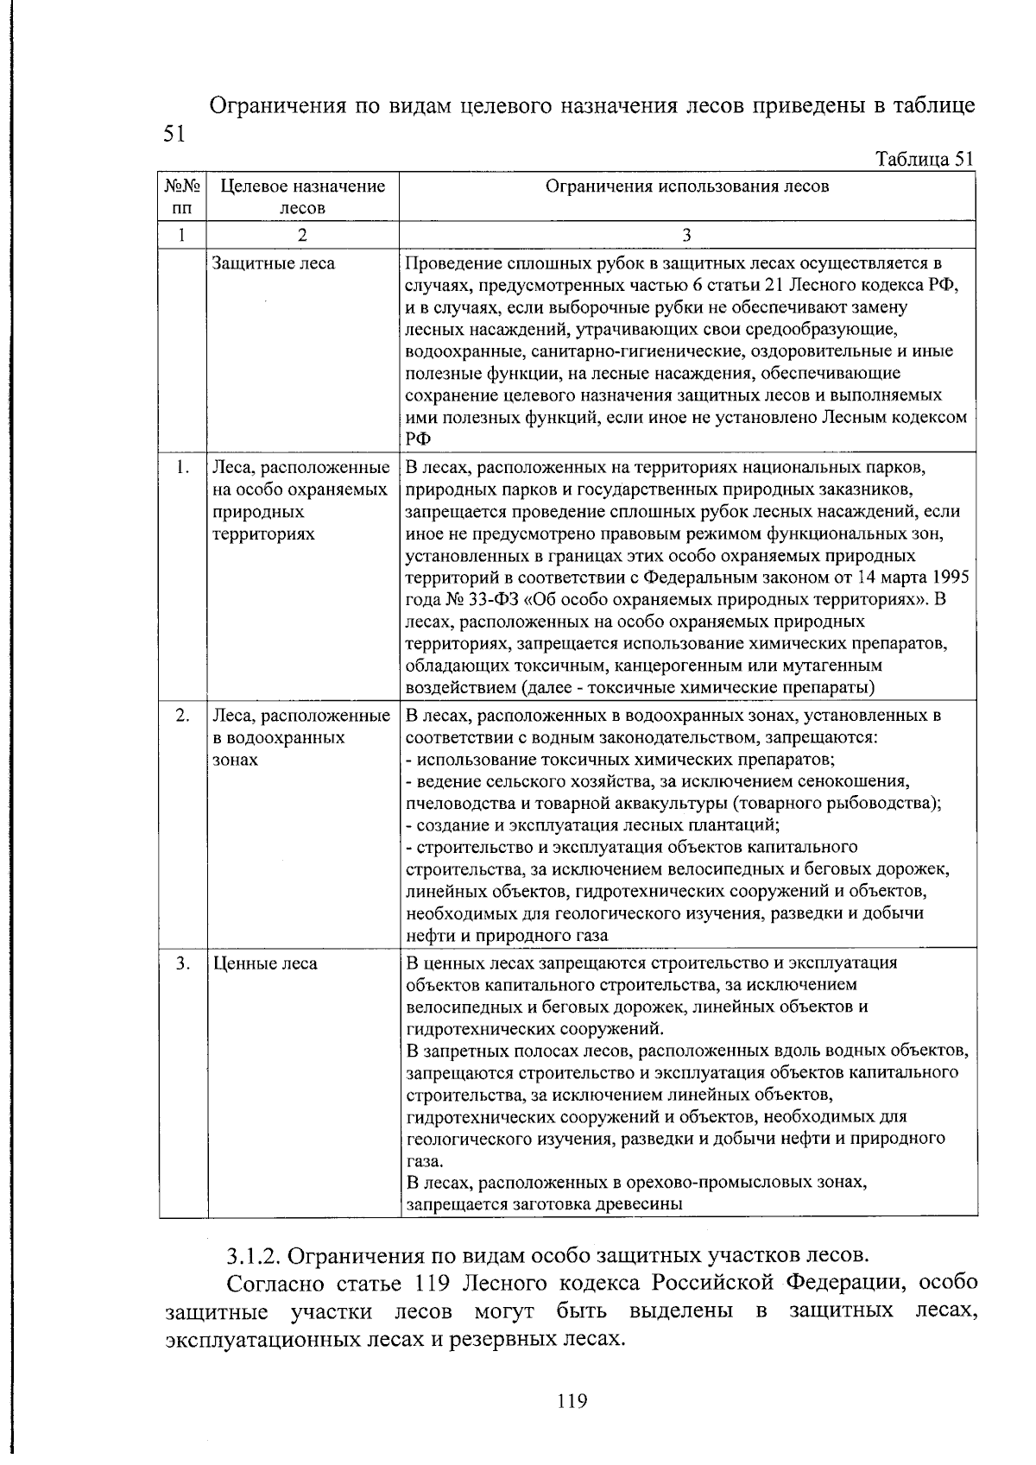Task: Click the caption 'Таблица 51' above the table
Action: click(924, 160)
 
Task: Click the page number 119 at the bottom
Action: click(572, 1400)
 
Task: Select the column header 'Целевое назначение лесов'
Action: click(301, 196)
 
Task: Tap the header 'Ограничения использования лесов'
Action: click(686, 186)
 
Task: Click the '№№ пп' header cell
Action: click(182, 196)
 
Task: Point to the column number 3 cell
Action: click(686, 235)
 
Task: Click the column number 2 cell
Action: click(301, 235)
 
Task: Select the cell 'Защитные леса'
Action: click(274, 263)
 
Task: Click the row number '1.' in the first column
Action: click(182, 468)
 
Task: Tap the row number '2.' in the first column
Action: click(182, 716)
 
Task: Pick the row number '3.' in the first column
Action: click(182, 963)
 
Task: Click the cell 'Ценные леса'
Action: click(265, 963)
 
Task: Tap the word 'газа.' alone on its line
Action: click(424, 1161)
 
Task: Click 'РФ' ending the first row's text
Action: click(418, 439)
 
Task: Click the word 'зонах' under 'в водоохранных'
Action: click(235, 761)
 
